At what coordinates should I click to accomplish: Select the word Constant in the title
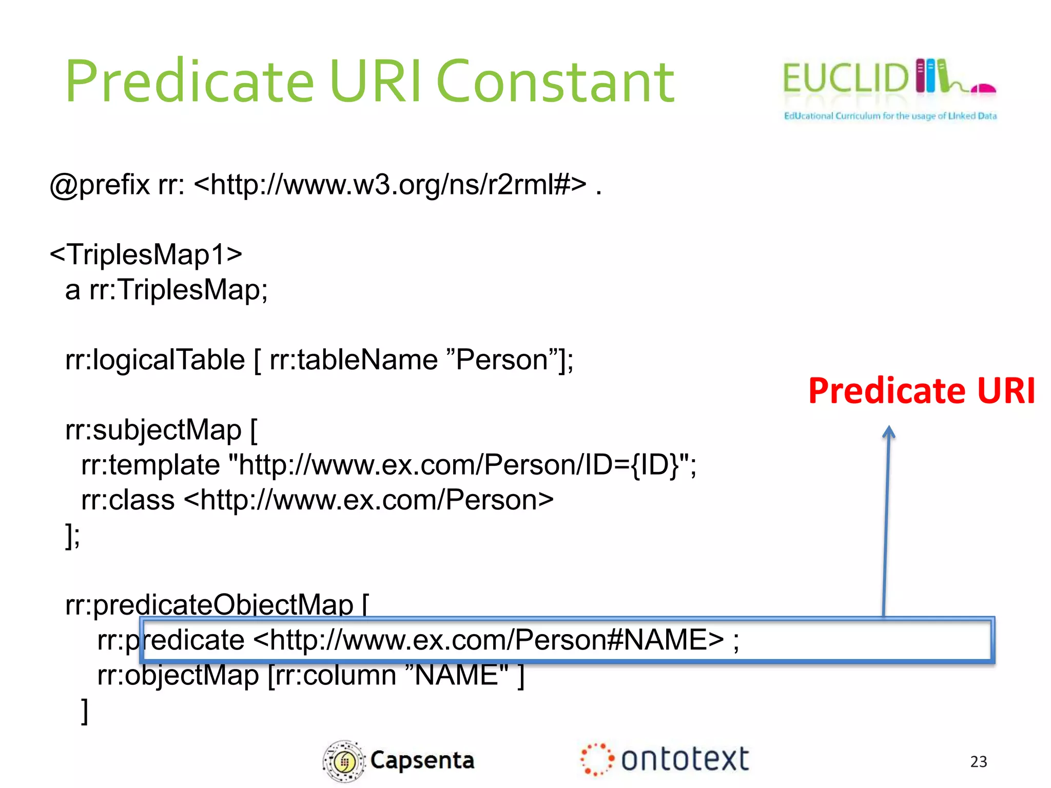coord(555,82)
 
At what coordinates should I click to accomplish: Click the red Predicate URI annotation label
coord(922,391)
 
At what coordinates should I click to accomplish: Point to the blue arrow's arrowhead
coord(889,432)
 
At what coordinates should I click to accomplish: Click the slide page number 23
coord(979,761)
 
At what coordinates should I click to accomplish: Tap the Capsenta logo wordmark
coord(422,760)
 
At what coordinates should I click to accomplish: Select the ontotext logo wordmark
coord(685,759)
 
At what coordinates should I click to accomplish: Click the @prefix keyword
coord(100,185)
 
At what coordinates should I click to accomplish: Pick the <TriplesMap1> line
coord(146,254)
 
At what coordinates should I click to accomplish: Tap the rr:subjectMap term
coord(153,430)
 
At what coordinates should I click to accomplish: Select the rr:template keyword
coord(150,465)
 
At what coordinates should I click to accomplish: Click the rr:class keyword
coord(128,500)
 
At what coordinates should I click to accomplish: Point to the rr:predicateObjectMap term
coord(209,605)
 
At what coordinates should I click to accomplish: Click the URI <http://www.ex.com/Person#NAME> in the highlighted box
coord(489,640)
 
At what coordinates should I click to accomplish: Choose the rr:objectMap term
coord(178,675)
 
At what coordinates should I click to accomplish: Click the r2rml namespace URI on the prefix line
coord(390,185)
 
